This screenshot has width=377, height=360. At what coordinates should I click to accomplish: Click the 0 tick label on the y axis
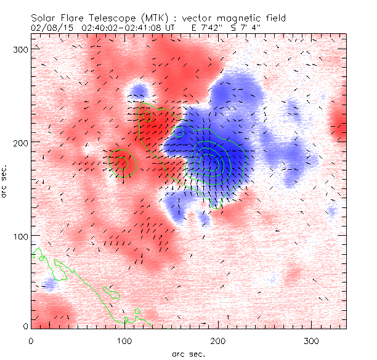coord(25,326)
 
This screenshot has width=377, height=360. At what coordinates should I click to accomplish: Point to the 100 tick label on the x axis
coord(124,340)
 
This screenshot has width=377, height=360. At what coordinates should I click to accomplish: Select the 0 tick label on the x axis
coord(31,340)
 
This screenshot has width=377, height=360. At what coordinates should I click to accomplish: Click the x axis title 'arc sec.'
coord(188,354)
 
